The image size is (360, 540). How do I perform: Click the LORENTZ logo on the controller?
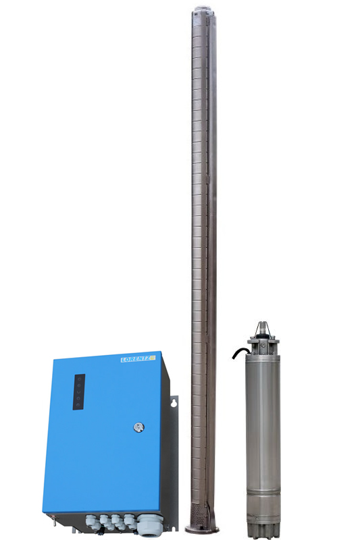coord(138,359)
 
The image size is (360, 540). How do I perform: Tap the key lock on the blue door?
coord(139,427)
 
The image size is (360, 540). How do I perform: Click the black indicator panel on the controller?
coord(79,391)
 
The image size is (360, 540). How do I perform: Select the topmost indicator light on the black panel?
coord(79,379)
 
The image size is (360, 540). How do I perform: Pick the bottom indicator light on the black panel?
coord(78,404)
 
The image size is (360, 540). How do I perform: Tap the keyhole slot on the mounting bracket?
coord(174,402)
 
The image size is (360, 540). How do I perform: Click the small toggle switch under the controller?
coord(53,519)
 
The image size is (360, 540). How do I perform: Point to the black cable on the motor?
coord(241,352)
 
